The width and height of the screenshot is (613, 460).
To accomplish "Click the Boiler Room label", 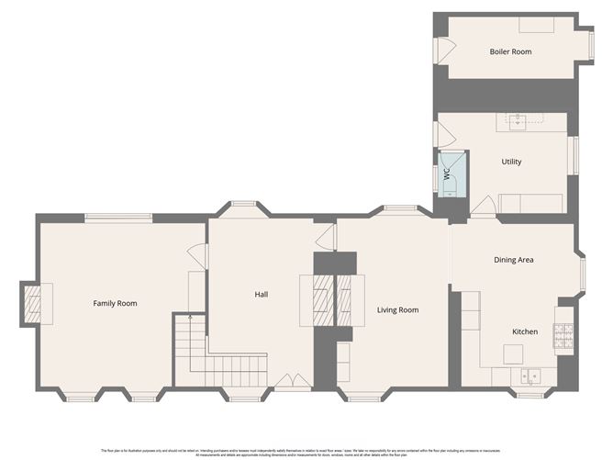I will [x=509, y=51].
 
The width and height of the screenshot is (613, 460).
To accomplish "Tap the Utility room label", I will [x=511, y=162].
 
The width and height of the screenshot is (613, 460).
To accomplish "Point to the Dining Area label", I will [x=514, y=260].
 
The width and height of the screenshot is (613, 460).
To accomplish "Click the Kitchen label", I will [x=524, y=331].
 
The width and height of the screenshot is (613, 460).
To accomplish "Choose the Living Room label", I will [x=397, y=310].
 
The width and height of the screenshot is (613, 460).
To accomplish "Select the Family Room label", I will [x=115, y=303].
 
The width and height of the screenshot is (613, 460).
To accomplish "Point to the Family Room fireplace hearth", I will [x=36, y=303].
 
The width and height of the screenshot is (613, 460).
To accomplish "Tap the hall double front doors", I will [x=295, y=379].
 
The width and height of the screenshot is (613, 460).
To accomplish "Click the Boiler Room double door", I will [x=441, y=51].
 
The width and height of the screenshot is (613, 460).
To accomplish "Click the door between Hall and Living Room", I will [x=324, y=238].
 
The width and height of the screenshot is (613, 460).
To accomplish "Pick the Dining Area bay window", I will [x=582, y=272].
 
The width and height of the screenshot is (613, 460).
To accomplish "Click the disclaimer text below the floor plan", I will [x=306, y=451].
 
